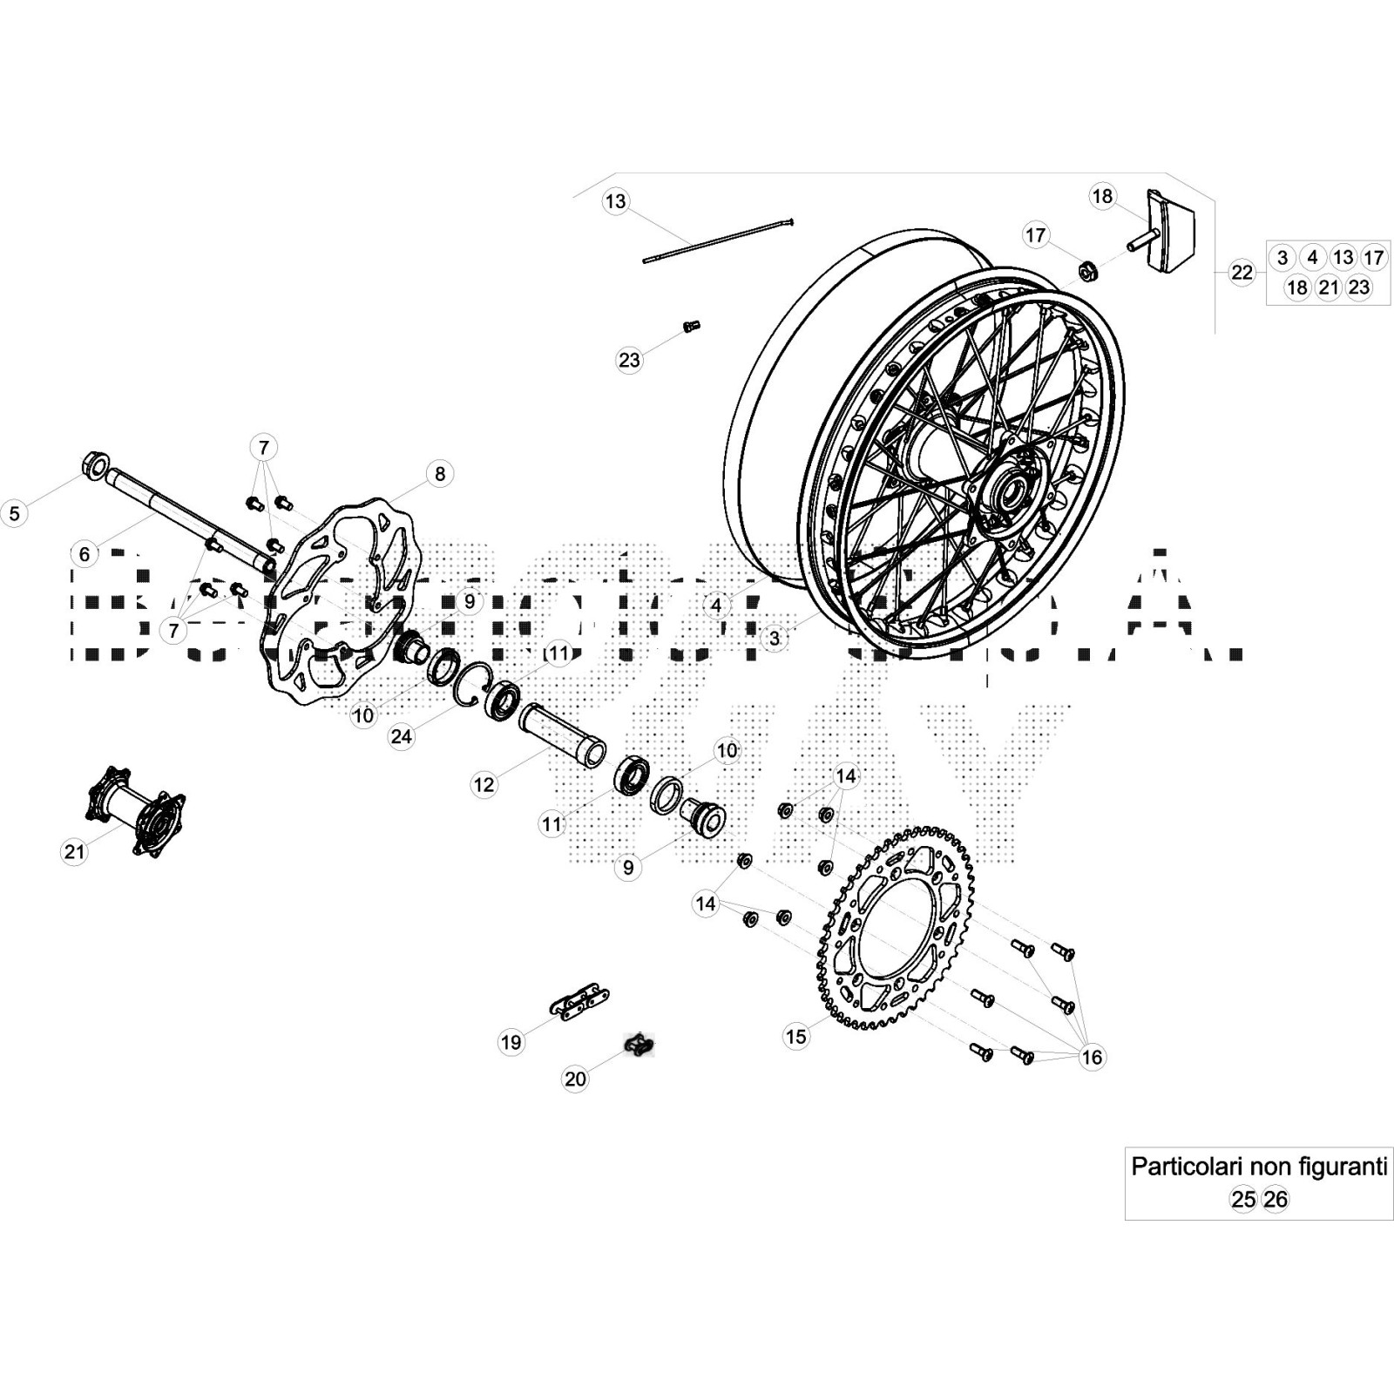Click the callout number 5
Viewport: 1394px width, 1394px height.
click(x=14, y=513)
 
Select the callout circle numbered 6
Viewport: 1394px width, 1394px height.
click(x=84, y=553)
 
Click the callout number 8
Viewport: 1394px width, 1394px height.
click(x=440, y=473)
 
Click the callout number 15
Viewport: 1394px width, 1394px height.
click(x=796, y=1036)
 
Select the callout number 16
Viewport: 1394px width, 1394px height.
click(x=1092, y=1057)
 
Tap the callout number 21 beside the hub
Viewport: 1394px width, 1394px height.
click(x=74, y=850)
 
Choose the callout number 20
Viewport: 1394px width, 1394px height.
click(x=575, y=1079)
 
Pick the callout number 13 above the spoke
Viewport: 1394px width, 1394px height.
click(x=615, y=201)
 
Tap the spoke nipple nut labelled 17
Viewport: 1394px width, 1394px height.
click(x=1088, y=270)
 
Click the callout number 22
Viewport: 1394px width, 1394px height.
click(x=1242, y=273)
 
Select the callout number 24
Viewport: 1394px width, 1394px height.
click(x=401, y=736)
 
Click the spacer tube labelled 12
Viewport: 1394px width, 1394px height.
click(x=563, y=735)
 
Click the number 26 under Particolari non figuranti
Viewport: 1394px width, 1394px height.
click(x=1276, y=1200)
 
